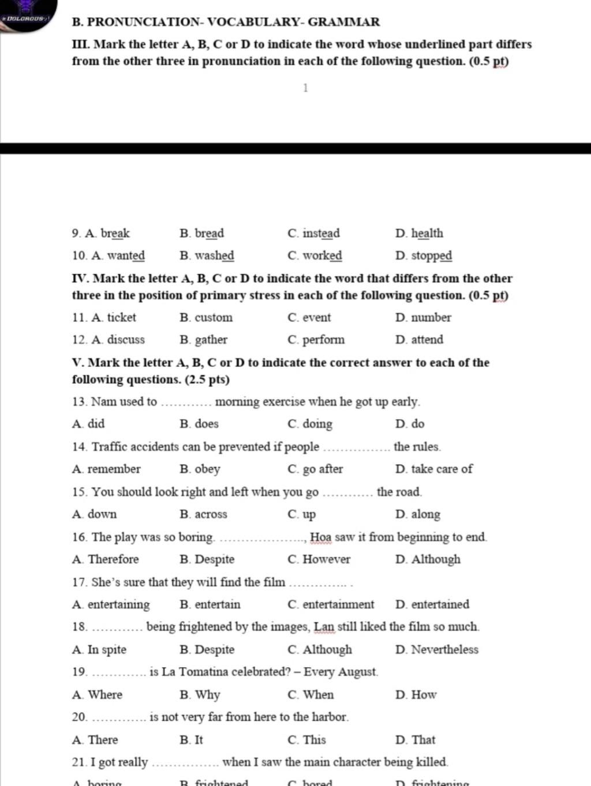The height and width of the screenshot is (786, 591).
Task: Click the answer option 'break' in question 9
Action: pos(115,234)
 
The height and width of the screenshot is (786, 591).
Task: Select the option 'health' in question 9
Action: pos(427,234)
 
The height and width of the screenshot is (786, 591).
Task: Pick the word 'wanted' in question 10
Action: pos(126,256)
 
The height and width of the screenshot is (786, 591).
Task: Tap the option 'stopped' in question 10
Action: pos(431,256)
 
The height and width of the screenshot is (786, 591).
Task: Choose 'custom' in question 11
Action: pos(214,317)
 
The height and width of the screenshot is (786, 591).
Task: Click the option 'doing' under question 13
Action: pos(317,424)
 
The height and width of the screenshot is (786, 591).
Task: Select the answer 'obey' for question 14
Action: pos(207,469)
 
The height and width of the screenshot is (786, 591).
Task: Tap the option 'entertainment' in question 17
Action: pos(338,605)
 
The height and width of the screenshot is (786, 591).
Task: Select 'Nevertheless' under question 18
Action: pos(444,650)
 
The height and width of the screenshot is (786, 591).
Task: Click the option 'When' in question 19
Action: pos(318,695)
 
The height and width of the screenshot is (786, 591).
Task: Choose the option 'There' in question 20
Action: pos(103,740)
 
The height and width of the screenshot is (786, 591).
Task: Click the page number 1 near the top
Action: pos(305,88)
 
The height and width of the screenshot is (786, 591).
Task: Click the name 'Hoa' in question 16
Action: pos(320,537)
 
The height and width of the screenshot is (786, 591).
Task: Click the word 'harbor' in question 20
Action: pos(329,717)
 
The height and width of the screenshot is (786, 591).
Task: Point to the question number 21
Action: pos(80,762)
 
